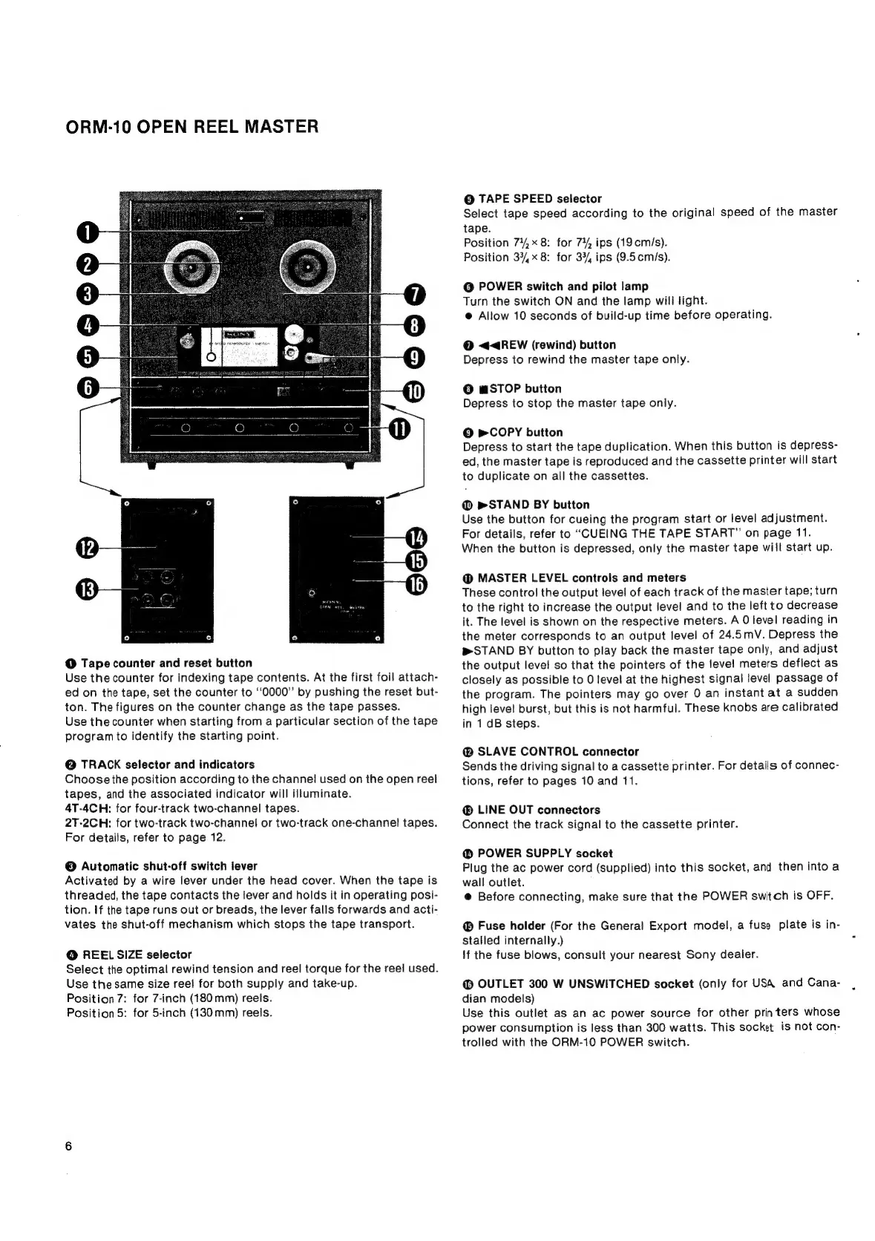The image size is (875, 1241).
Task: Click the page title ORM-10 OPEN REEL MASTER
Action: (191, 126)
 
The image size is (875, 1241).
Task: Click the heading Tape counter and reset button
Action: (166, 663)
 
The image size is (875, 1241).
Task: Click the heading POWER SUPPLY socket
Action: (545, 854)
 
